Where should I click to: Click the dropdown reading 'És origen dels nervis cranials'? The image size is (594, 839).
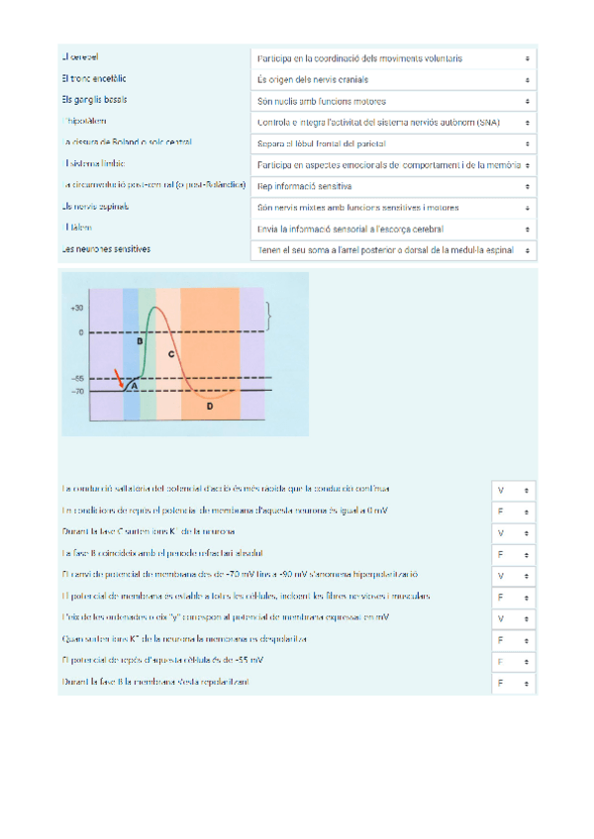392,80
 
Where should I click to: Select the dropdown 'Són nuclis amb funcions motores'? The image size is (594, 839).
392,101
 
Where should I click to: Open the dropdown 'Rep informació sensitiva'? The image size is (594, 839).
392,186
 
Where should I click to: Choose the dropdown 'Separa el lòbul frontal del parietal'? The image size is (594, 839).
392,143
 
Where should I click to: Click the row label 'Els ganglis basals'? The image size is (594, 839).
94,100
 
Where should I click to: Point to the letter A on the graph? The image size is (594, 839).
134,386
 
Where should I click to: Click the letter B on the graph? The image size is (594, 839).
140,340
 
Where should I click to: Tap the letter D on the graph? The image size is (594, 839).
209,406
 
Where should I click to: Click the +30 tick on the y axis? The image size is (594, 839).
77,309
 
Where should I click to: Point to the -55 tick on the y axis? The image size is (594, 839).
77,378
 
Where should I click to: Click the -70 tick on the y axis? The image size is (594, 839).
77,392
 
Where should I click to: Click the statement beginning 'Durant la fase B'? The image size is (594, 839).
159,683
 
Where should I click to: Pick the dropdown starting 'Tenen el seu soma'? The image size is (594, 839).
392,251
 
